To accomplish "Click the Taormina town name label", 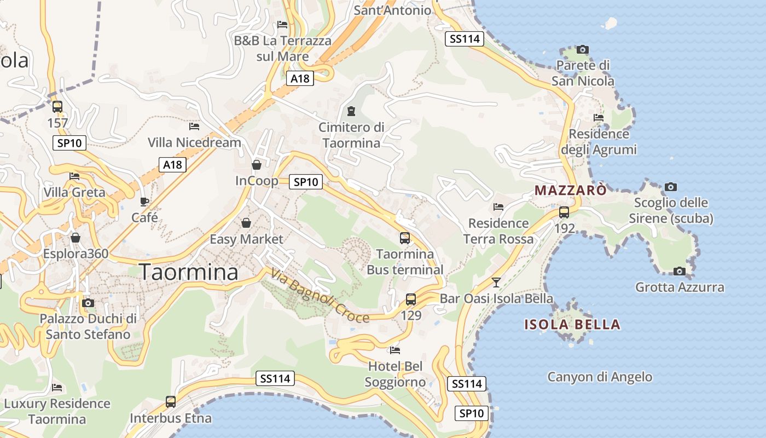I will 189,272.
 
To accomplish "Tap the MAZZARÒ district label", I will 571,191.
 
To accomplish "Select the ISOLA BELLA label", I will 572,324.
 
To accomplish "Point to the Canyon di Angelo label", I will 600,377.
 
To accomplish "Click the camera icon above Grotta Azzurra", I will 679,271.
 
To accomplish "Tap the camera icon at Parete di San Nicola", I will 583,50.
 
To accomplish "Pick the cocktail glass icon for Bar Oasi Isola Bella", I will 496,282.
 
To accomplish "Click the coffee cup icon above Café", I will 144,201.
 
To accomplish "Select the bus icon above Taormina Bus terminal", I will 405,238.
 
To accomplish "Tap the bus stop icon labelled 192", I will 564,212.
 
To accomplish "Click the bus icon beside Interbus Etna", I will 171,402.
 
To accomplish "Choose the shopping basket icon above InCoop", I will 256,165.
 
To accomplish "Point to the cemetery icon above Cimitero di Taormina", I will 351,111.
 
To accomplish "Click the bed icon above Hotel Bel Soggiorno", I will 395,350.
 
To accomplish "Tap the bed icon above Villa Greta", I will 74,176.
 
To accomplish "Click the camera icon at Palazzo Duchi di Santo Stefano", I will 88,303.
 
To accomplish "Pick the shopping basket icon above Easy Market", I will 246,223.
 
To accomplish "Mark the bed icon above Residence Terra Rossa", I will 498,207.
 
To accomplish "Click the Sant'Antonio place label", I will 392,10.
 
